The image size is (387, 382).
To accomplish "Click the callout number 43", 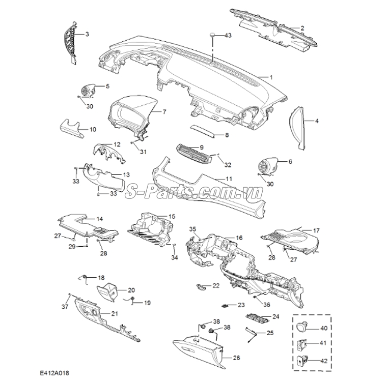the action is pos(228,36).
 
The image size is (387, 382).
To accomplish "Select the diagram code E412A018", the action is pos(54,373).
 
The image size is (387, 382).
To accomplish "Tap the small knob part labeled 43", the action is pos(212,34).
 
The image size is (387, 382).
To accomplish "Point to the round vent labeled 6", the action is pos(267,165).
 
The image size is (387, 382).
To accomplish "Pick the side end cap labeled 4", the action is pos(297,128).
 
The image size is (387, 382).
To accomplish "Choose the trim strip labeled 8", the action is pos(202,131).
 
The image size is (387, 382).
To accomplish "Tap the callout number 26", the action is pos(236,358).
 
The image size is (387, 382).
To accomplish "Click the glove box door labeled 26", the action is pos(200,353).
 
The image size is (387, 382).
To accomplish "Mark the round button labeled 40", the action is pos(301,327).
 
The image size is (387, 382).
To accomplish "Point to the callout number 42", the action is pos(323,361).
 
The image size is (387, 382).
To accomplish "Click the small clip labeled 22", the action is pos(201,287).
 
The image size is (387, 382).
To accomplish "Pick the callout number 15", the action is pos(172,217).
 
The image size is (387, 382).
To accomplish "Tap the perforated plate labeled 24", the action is pos(257,318).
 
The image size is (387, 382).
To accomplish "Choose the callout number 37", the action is pos(65,307).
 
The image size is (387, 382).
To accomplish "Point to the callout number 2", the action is pos(302,28).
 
